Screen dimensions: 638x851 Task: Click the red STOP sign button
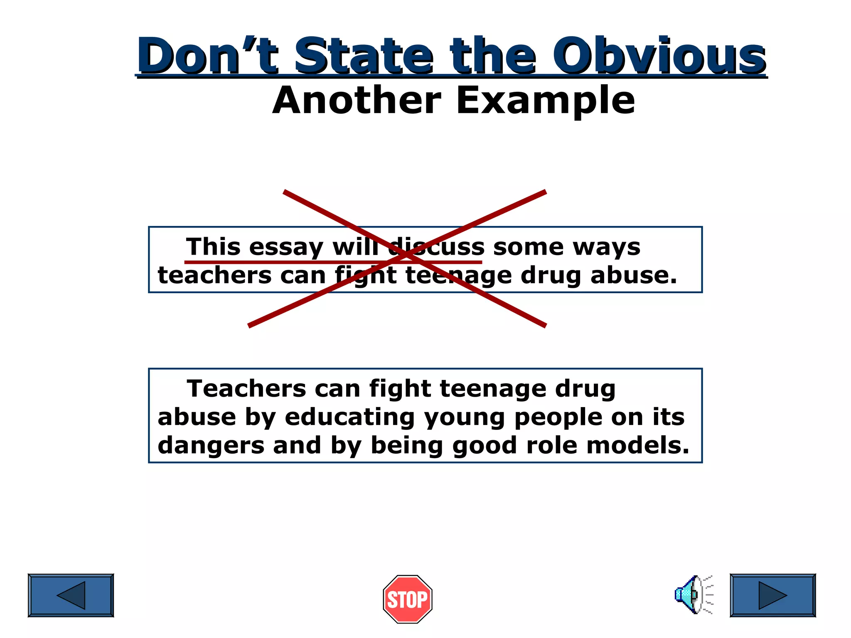click(408, 599)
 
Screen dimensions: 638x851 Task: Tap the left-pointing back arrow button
click(71, 595)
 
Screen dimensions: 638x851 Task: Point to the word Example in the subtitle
click(546, 100)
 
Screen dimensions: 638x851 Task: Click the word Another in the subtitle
click(357, 100)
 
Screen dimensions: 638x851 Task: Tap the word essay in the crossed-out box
click(286, 248)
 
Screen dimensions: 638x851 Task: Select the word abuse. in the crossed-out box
click(634, 275)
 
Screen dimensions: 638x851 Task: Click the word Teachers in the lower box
click(247, 389)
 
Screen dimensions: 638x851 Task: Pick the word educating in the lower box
click(349, 417)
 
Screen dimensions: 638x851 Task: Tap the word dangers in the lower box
click(211, 446)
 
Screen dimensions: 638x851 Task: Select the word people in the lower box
click(558, 418)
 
